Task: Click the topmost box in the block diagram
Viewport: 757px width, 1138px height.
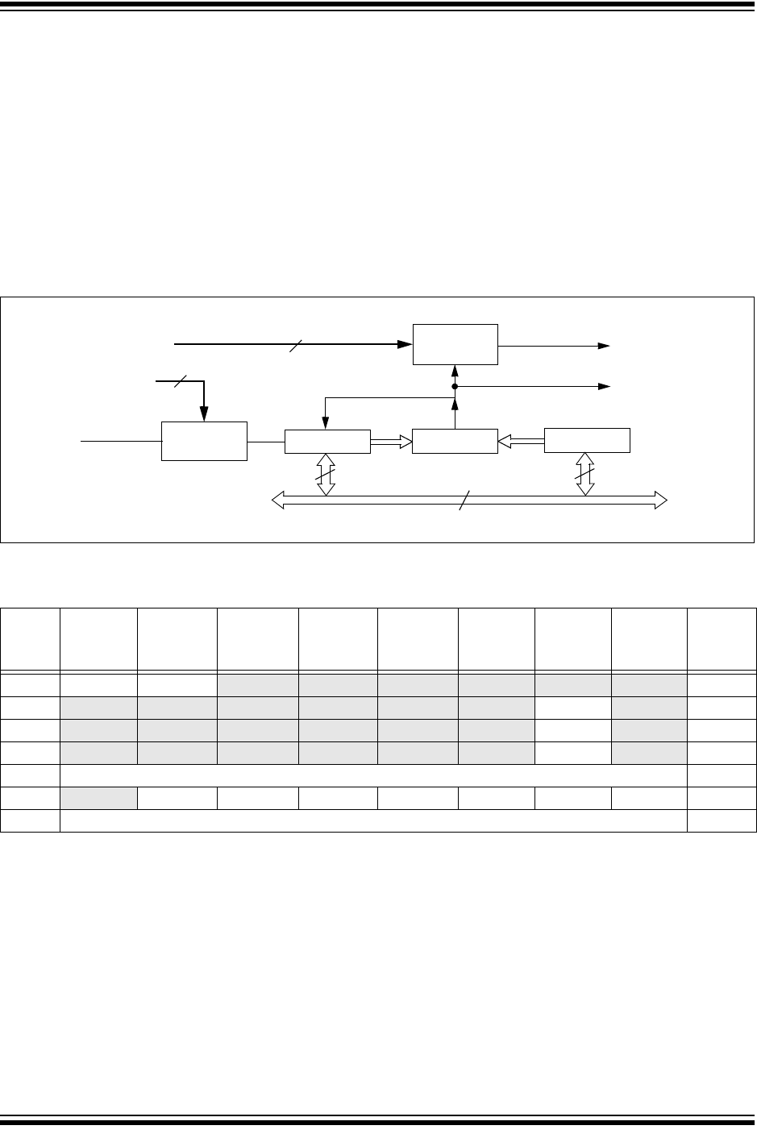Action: pos(455,344)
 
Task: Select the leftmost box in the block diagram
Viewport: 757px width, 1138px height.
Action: pos(204,441)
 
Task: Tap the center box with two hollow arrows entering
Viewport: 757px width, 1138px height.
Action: pos(455,441)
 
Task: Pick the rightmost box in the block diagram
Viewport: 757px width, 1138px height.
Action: pos(587,441)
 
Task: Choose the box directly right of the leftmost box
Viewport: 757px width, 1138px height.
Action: pos(327,441)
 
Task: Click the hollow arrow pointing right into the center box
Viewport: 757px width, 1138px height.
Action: pos(391,441)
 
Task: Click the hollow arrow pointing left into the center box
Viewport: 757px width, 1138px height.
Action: pos(521,441)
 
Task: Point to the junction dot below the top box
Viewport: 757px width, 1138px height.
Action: pos(455,387)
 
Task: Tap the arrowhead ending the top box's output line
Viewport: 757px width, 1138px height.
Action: pos(604,345)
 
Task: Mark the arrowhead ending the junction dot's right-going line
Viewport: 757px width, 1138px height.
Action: pos(604,387)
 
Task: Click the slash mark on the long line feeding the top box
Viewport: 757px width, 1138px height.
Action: pos(293,344)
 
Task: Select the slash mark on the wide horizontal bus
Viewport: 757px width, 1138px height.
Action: pos(460,501)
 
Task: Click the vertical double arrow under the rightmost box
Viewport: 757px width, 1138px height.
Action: pos(586,474)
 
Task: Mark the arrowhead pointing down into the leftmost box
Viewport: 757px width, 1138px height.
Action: pos(204,414)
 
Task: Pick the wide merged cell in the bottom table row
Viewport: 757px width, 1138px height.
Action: pos(373,821)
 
